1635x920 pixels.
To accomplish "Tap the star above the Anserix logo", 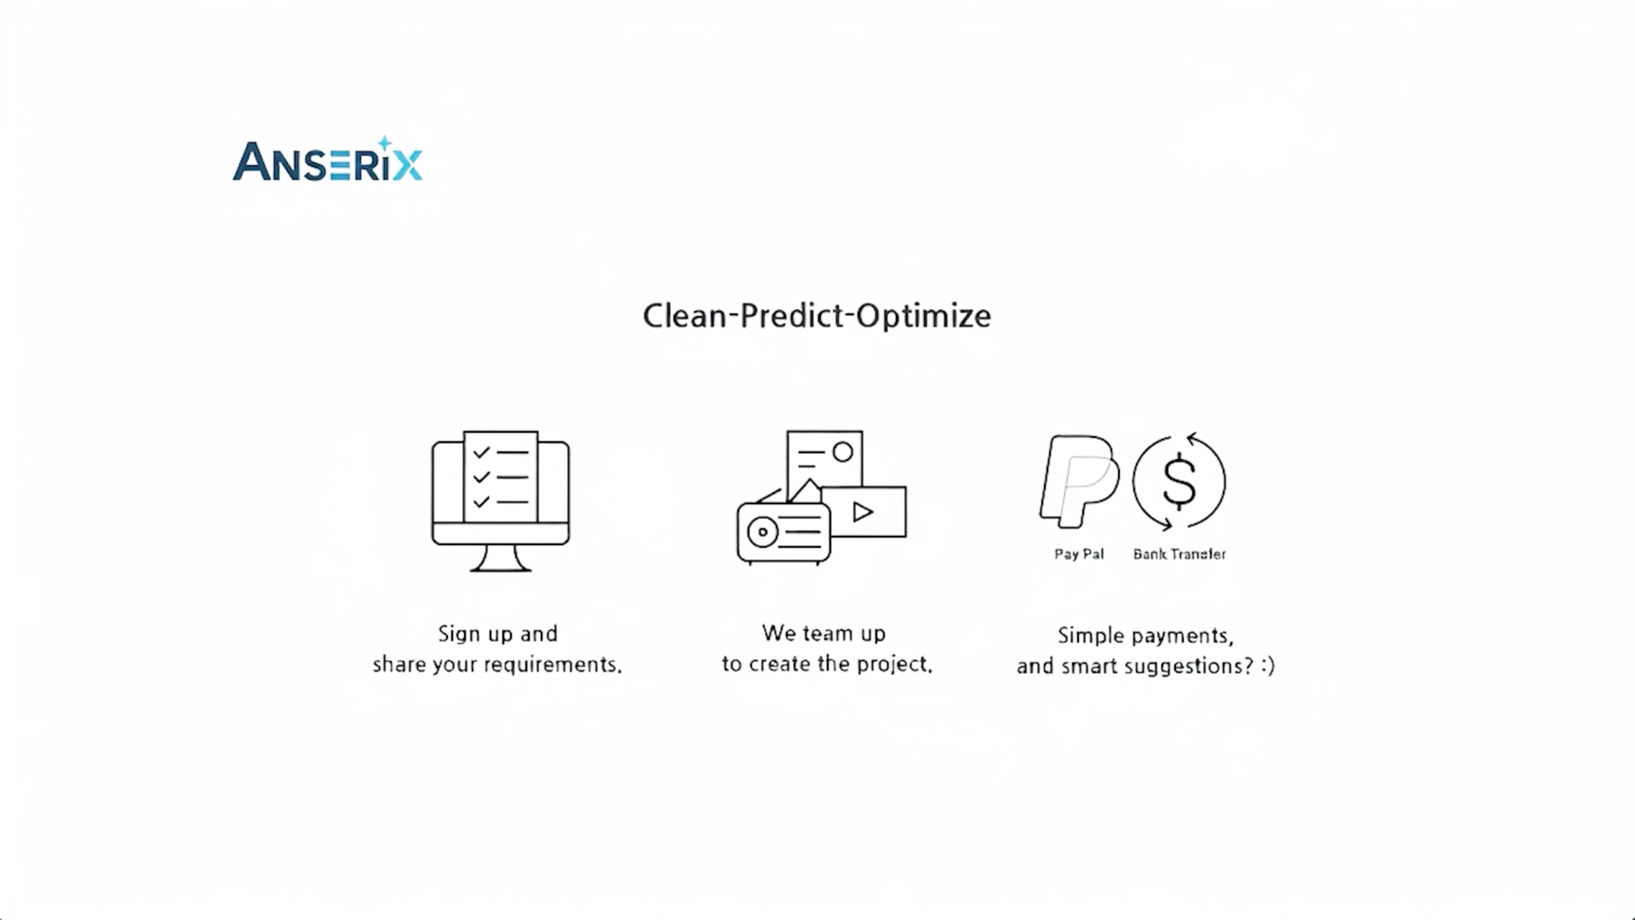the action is pos(384,143).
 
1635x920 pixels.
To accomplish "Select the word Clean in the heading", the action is pos(685,316).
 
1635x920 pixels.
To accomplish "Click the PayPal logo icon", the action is pos(1080,481).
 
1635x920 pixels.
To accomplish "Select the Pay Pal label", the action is pos(1079,554).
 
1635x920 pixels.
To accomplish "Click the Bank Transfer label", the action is pos(1179,554).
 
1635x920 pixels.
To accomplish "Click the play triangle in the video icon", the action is pos(863,512).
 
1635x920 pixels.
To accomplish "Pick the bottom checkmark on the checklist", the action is pos(482,502).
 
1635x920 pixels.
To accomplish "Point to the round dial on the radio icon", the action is pos(763,532).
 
